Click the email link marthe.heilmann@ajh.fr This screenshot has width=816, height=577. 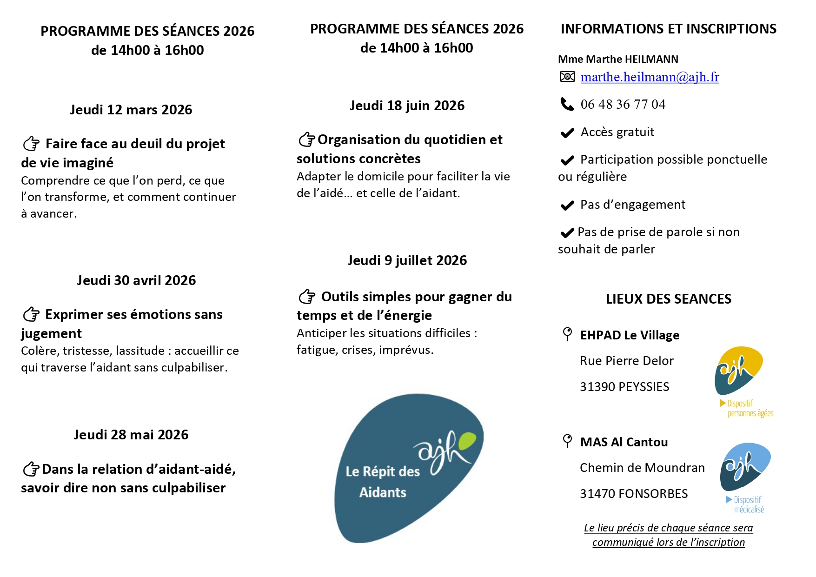pos(650,77)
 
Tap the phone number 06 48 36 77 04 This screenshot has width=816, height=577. pos(623,105)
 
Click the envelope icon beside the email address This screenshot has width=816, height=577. pos(567,77)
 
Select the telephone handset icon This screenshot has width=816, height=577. pos(567,104)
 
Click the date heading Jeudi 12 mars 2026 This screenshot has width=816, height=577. pos(131,110)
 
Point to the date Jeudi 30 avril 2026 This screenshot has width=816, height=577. pos(136,280)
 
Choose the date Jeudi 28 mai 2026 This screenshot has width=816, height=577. pos(131,435)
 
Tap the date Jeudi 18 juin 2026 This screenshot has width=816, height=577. pos(407,106)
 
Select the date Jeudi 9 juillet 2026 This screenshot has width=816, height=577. pos(407,260)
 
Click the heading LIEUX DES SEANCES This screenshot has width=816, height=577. pos(668,299)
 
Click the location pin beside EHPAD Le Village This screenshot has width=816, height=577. pos(567,334)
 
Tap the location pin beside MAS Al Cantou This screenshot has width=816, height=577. pos(567,441)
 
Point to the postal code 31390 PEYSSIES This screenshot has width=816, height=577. pos(624,387)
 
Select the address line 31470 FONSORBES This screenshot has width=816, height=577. pos(633,494)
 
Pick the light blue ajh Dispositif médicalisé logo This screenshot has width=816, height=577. pos(745,467)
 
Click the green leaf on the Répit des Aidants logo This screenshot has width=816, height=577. pos(467,440)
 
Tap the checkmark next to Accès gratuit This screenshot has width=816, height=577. pos(567,133)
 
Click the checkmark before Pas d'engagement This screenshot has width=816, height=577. pos(567,206)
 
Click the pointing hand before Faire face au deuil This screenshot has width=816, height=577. pos(31,144)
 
